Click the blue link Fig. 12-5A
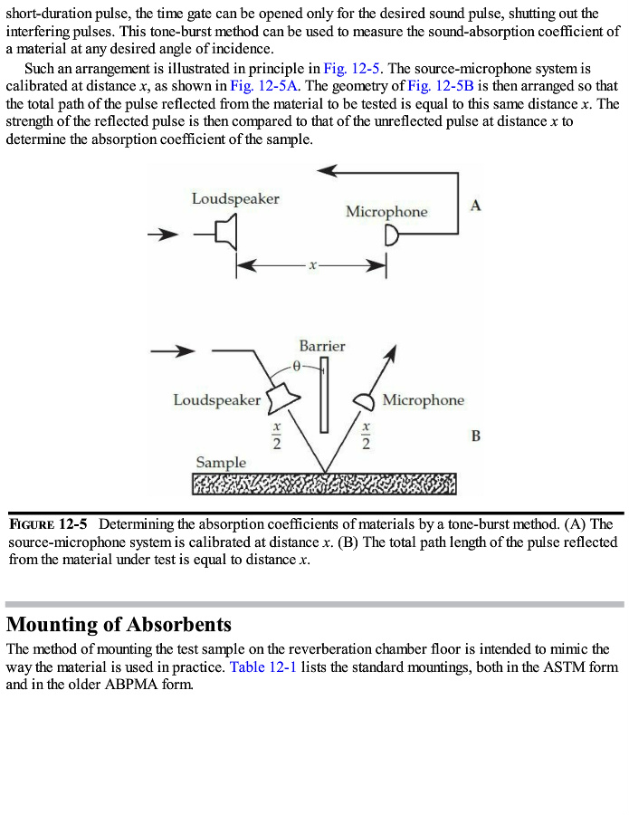tap(254, 85)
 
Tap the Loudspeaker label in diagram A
tap(235, 198)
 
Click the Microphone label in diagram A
tap(386, 212)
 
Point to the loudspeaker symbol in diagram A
tap(228, 235)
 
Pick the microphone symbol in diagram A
tap(392, 237)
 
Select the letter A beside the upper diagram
tap(476, 206)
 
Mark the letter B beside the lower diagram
tap(476, 436)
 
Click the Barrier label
tap(322, 346)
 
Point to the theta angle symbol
tap(296, 367)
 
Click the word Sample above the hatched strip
tap(221, 463)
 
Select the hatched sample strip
tap(324, 484)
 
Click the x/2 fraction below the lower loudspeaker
tap(278, 435)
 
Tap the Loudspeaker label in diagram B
tap(216, 399)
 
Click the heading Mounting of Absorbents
tap(119, 624)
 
